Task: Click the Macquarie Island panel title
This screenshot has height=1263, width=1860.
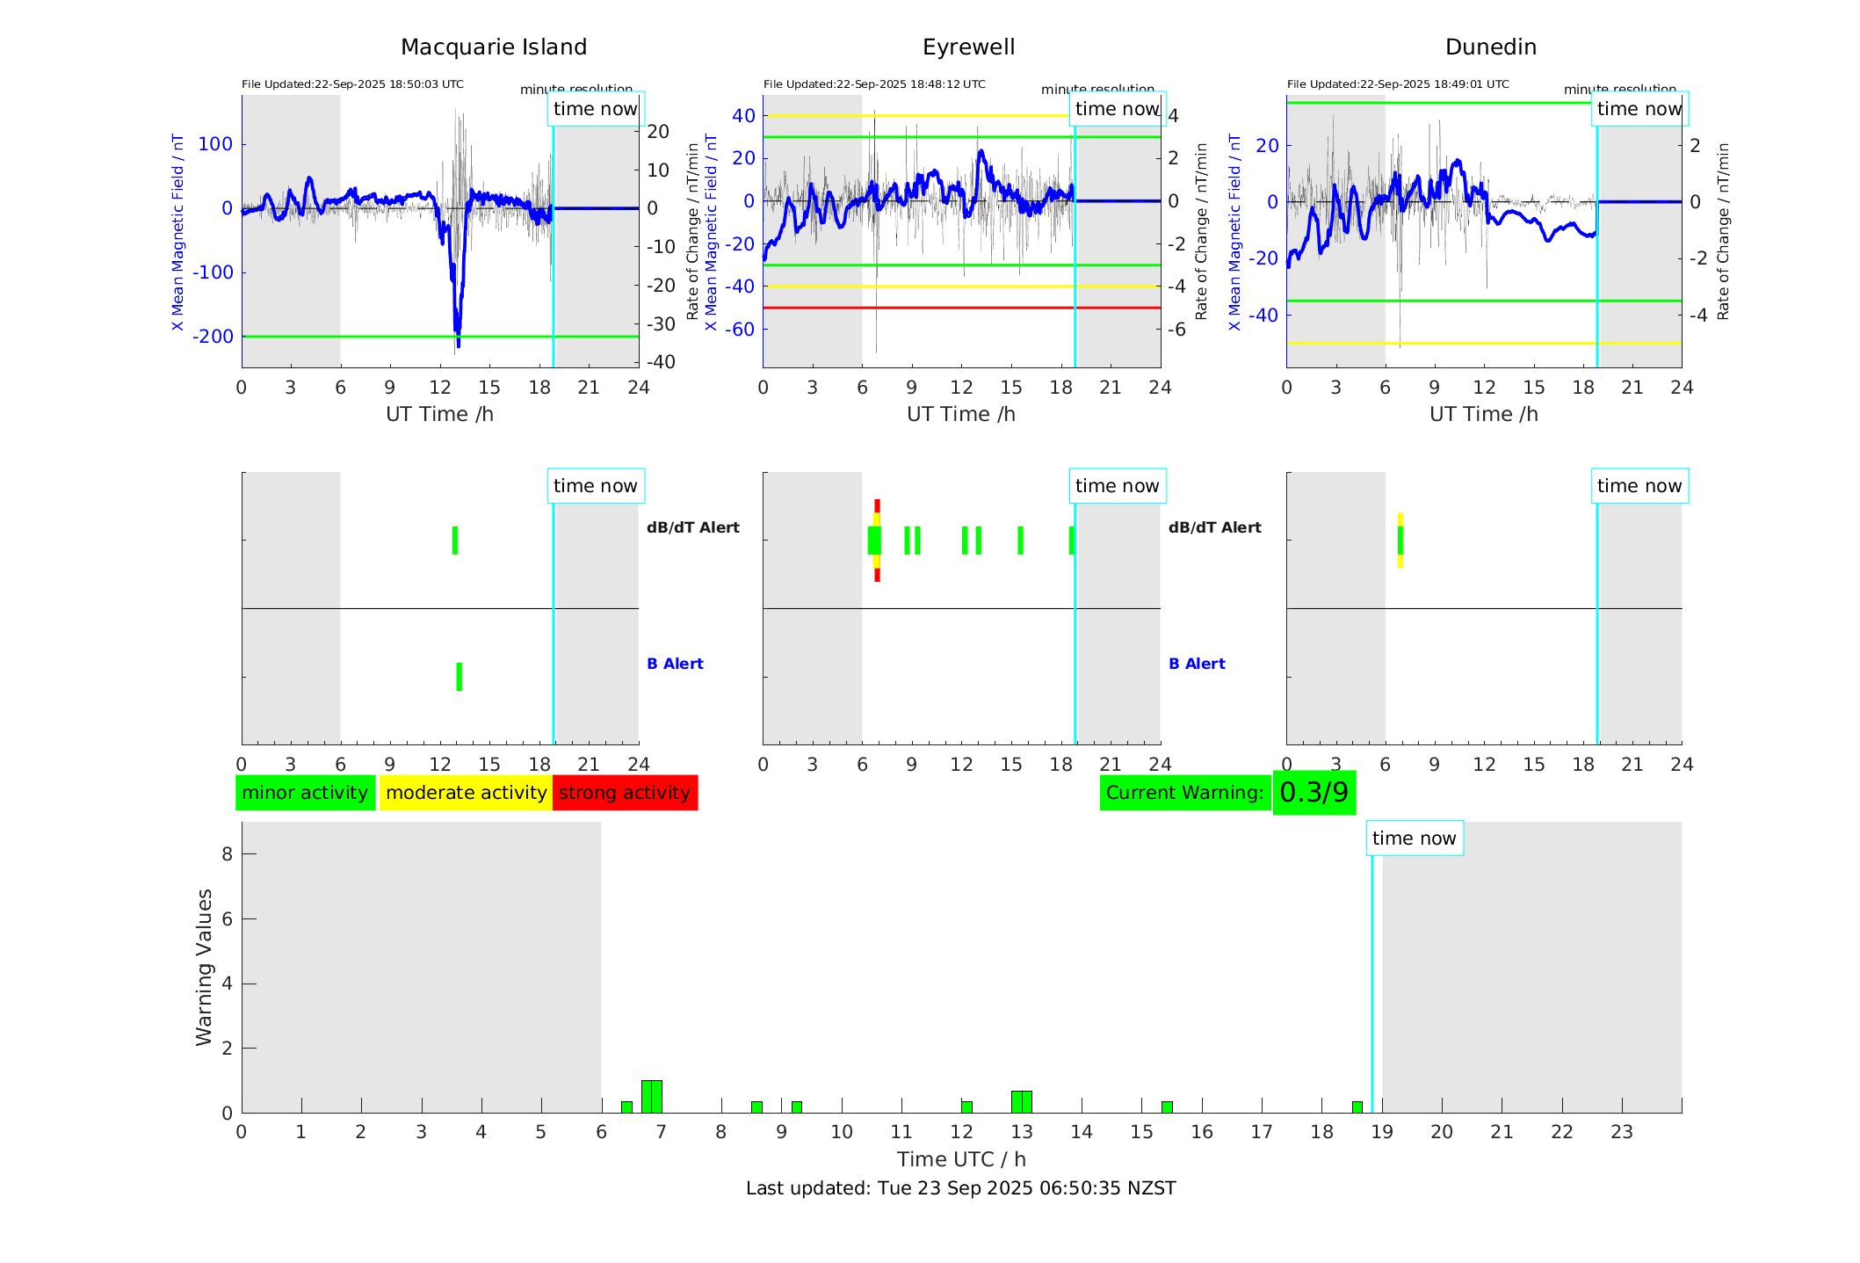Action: coord(493,47)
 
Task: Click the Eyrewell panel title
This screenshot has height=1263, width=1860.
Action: coord(968,47)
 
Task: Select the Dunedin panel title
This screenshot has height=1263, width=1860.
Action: coord(1490,47)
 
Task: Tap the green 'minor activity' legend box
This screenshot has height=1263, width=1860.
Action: coord(305,793)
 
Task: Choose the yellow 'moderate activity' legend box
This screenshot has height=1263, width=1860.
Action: coord(466,793)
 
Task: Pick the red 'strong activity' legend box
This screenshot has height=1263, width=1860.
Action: coord(625,793)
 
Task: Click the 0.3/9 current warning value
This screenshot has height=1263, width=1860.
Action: coord(1314,793)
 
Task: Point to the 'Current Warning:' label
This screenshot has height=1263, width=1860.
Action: coord(1184,793)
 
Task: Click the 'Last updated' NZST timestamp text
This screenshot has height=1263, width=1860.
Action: coord(960,1188)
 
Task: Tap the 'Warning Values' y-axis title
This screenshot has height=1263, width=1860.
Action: coord(205,967)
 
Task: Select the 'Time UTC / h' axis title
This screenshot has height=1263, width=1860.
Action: coord(960,1159)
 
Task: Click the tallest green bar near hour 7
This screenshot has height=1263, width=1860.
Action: coord(652,1097)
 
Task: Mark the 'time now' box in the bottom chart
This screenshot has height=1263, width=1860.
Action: coord(1414,838)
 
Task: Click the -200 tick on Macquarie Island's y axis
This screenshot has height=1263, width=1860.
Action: coord(213,337)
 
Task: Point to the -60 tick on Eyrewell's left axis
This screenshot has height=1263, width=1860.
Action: coord(743,330)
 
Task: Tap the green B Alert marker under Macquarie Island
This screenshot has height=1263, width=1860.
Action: coord(460,677)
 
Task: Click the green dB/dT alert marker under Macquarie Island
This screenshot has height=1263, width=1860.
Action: coord(455,541)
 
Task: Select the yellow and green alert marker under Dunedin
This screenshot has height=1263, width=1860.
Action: coord(1400,541)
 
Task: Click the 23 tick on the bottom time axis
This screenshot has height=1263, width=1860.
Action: coord(1622,1132)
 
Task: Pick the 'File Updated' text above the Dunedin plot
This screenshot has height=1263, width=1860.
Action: coord(1398,84)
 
